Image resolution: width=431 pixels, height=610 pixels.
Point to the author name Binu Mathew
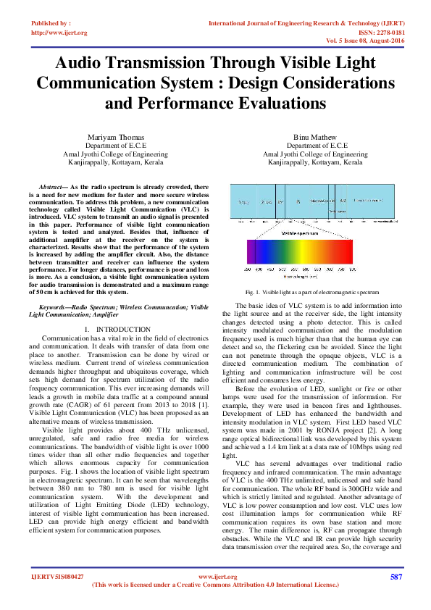click(x=315, y=137)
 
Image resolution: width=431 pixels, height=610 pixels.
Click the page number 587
click(x=396, y=577)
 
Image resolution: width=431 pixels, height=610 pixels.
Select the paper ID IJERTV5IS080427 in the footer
click(x=57, y=577)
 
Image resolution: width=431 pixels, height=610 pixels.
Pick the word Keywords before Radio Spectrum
click(x=54, y=308)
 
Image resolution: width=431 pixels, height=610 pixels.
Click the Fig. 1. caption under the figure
click(x=252, y=291)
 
